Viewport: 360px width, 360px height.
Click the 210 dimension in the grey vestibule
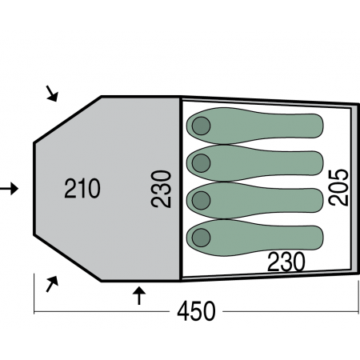[x=82, y=188]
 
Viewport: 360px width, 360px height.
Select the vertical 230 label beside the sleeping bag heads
[x=161, y=189]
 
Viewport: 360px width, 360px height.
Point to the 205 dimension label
[x=338, y=187]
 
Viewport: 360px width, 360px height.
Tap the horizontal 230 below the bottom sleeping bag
[x=286, y=262]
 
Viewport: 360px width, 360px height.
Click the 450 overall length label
[x=196, y=311]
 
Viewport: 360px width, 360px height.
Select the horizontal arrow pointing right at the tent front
[x=9, y=189]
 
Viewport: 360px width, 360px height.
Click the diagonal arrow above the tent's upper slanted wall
[x=52, y=94]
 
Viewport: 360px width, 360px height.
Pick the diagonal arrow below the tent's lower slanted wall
[x=52, y=284]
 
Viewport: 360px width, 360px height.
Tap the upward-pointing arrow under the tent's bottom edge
[x=139, y=295]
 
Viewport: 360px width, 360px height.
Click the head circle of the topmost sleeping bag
[x=201, y=126]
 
